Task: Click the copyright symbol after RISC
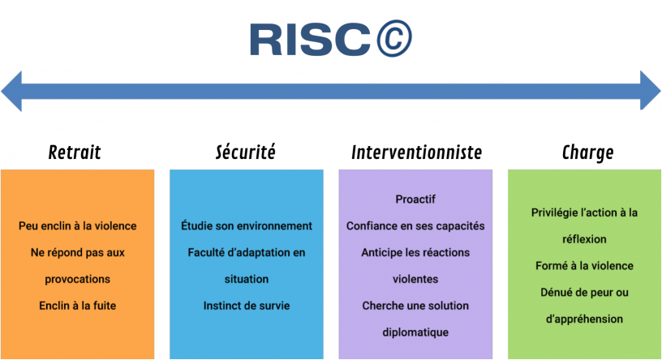pyautogui.click(x=394, y=38)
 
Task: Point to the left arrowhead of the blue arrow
pyautogui.click(x=11, y=91)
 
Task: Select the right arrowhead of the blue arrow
pyautogui.click(x=650, y=90)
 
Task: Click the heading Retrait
pyautogui.click(x=75, y=152)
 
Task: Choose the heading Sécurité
pyautogui.click(x=245, y=152)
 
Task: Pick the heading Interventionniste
pyautogui.click(x=417, y=152)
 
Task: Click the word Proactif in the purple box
pyautogui.click(x=415, y=199)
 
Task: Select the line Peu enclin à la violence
pyautogui.click(x=78, y=226)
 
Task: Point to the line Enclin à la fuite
pyautogui.click(x=78, y=306)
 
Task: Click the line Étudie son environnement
pyautogui.click(x=247, y=225)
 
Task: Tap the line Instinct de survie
pyautogui.click(x=247, y=306)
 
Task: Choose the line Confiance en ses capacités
pyautogui.click(x=415, y=226)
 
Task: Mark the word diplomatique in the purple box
pyautogui.click(x=415, y=332)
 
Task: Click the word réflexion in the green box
pyautogui.click(x=584, y=239)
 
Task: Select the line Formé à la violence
pyautogui.click(x=584, y=266)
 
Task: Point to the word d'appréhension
pyautogui.click(x=584, y=319)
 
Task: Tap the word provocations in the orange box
pyautogui.click(x=78, y=280)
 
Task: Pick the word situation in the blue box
pyautogui.click(x=247, y=279)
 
